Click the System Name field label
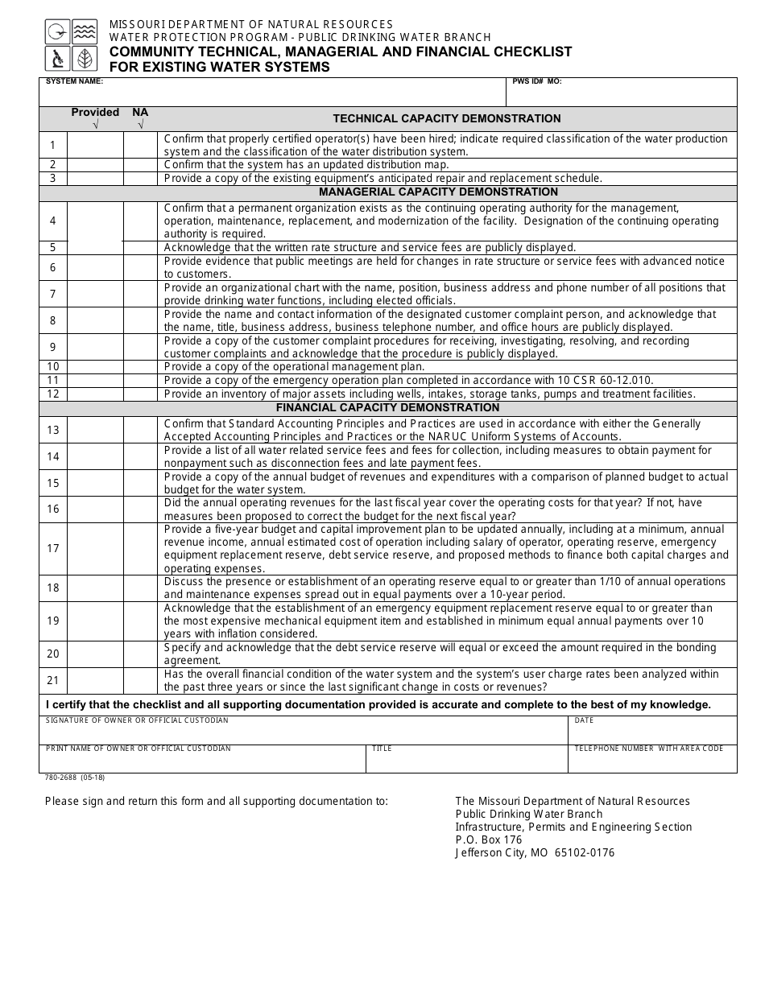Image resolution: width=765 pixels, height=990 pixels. (x=74, y=82)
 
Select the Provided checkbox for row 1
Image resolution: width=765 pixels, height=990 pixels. (x=95, y=145)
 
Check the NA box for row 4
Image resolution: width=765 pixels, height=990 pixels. (x=140, y=221)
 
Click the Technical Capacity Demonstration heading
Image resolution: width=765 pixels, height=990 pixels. (x=447, y=118)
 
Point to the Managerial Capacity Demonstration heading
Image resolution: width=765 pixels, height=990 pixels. (x=438, y=192)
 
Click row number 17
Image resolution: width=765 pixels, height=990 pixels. (x=53, y=549)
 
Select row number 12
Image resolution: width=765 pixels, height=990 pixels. (x=53, y=394)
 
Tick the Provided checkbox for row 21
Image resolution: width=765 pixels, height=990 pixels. (x=95, y=681)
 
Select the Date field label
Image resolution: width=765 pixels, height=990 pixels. (x=584, y=720)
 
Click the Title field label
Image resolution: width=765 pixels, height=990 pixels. (x=382, y=749)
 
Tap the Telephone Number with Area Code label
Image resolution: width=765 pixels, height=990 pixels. (x=648, y=749)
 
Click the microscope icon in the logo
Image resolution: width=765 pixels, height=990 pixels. (x=56, y=59)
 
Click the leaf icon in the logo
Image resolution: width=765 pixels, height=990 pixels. (x=84, y=59)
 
